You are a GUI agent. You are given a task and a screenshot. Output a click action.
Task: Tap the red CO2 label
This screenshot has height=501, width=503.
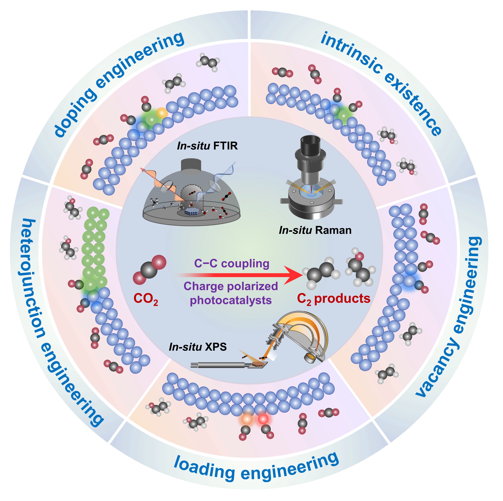click(x=146, y=299)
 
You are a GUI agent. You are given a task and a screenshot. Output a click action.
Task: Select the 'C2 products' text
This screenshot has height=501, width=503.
click(x=334, y=299)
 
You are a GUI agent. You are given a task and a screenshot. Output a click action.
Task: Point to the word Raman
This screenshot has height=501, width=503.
click(x=333, y=230)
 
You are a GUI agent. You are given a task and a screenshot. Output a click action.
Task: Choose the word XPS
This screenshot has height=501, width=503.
click(x=216, y=347)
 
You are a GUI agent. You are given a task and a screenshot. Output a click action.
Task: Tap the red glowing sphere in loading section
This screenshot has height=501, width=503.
click(x=263, y=419)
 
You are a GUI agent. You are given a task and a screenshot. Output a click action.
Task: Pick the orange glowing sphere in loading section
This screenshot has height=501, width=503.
click(x=247, y=419)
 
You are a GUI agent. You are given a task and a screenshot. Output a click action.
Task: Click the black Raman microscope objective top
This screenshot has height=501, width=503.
click(x=310, y=144)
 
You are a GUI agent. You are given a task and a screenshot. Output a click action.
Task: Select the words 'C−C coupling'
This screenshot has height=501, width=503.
click(x=232, y=263)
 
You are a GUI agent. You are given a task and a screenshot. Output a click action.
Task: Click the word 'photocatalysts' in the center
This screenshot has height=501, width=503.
click(x=231, y=300)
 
